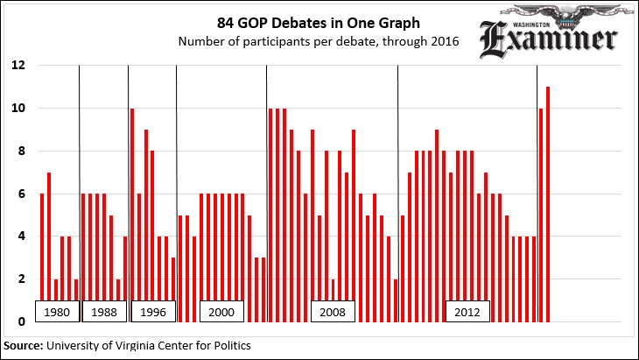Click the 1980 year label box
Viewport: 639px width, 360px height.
pyautogui.click(x=57, y=312)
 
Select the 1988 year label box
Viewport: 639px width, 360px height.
pyautogui.click(x=103, y=312)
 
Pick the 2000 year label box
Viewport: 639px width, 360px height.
pyautogui.click(x=222, y=312)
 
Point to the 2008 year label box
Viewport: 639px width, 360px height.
pyautogui.click(x=334, y=312)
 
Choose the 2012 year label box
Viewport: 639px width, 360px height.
pyautogui.click(x=467, y=312)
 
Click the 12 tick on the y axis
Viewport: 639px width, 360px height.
pyautogui.click(x=18, y=66)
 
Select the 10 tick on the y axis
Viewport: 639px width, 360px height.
pyautogui.click(x=18, y=109)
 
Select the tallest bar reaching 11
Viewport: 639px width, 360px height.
pyautogui.click(x=548, y=204)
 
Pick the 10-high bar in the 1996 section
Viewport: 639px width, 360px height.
pyautogui.click(x=132, y=215)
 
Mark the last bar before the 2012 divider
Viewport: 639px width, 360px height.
pyautogui.click(x=396, y=300)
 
